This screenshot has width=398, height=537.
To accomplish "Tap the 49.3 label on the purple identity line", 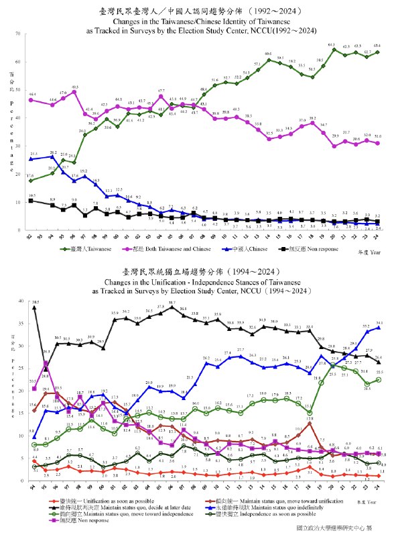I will pos(75,88).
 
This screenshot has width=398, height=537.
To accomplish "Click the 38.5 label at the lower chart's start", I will pos(35,302).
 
